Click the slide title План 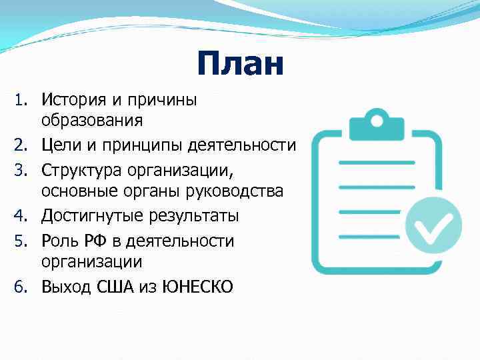240,65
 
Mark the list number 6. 20,288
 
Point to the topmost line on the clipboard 377,162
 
